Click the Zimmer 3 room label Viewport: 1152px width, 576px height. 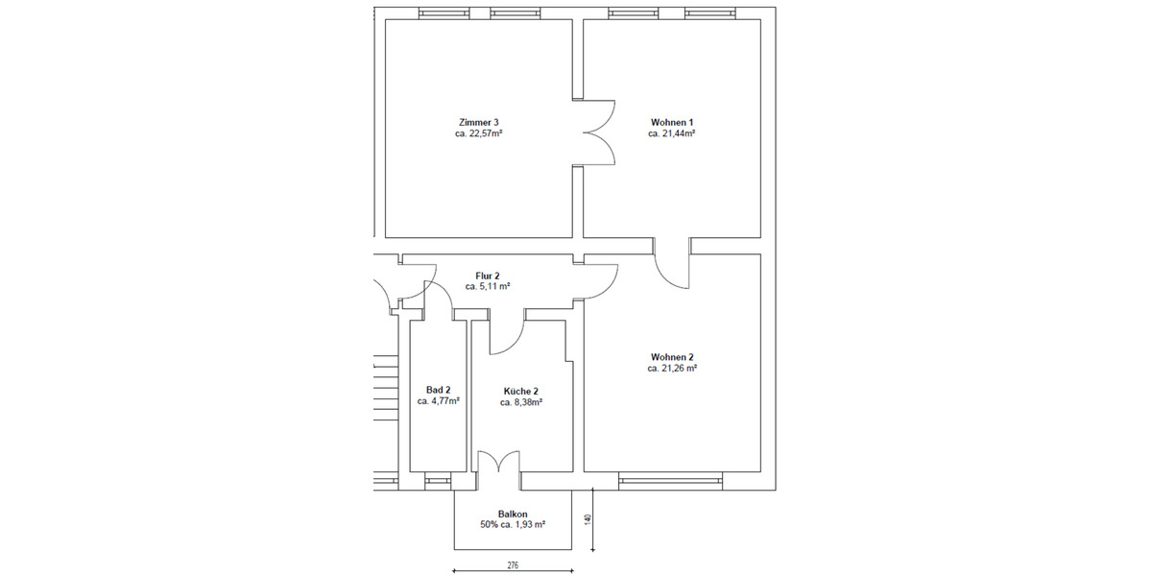479,122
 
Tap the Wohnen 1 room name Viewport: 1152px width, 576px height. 672,122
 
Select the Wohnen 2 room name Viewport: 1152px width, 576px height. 672,356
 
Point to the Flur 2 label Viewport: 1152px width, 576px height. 488,276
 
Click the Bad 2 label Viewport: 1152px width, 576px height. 438,390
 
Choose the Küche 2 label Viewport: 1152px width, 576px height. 521,391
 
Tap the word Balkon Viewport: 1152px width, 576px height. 513,514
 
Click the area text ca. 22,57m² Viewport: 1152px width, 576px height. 479,134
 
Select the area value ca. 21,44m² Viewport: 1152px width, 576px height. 672,134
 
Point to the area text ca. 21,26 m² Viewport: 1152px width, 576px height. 672,369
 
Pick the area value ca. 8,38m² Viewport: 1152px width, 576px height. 521,403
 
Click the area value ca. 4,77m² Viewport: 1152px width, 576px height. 438,402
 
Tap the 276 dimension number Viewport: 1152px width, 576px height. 513,566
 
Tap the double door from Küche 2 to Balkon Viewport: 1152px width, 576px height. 498,463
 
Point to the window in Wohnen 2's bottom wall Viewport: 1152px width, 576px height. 670,477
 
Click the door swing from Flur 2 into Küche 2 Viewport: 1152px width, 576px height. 505,332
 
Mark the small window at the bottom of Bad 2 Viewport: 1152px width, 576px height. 438,477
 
